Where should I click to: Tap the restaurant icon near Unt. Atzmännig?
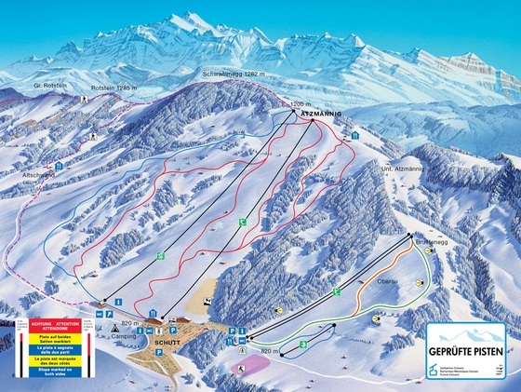(356, 136)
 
